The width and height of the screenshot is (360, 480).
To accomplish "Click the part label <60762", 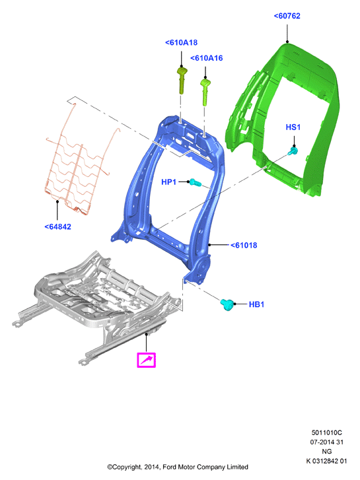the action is (x=287, y=16).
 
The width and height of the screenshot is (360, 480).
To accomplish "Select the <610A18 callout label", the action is (x=182, y=42).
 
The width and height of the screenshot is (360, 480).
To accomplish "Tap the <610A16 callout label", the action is (x=207, y=58).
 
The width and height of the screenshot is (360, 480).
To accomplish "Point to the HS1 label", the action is (x=293, y=127).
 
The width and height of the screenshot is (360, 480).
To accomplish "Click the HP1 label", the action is (x=169, y=182).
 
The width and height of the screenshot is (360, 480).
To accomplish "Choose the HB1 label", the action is (x=256, y=304).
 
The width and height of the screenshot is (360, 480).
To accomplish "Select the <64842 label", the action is (x=58, y=227).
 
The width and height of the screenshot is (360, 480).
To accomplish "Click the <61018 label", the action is (x=244, y=245).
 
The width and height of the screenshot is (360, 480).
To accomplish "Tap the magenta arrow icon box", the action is (x=146, y=360).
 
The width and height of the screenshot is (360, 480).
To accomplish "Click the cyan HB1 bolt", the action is (x=227, y=304).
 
